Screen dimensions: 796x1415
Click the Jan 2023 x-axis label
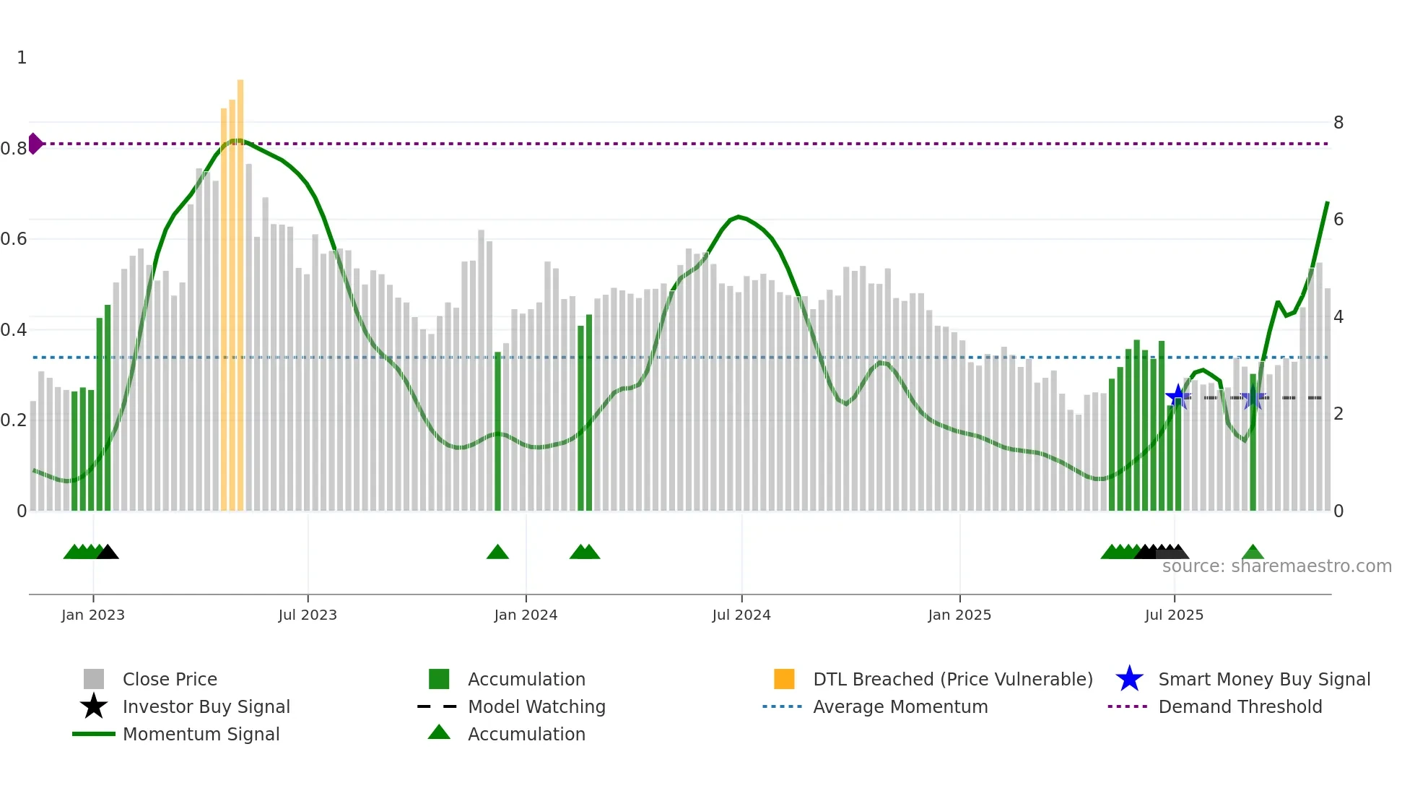click(x=92, y=615)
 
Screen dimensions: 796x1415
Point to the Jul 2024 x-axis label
click(x=741, y=615)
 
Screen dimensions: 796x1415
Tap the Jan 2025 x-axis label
click(x=959, y=615)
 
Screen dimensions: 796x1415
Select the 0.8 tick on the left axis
click(x=13, y=149)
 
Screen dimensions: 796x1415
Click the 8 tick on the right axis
click(x=1338, y=123)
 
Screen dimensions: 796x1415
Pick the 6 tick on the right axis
click(x=1338, y=220)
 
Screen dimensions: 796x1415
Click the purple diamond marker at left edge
click(x=35, y=144)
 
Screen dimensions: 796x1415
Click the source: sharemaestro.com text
click(x=1276, y=566)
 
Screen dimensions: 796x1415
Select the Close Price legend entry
click(x=170, y=679)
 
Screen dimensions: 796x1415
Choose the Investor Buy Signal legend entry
click(x=206, y=706)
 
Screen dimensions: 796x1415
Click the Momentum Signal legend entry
click(x=201, y=734)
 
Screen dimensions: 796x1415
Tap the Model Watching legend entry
click(x=536, y=706)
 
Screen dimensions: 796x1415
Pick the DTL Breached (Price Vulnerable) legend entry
click(x=952, y=679)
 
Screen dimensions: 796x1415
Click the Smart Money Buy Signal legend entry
click(x=1264, y=679)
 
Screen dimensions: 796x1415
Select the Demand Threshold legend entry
click(x=1240, y=706)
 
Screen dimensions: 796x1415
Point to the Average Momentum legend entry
click(x=900, y=706)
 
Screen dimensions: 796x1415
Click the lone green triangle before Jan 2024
click(x=497, y=553)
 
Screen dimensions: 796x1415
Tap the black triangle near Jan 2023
click(x=108, y=553)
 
